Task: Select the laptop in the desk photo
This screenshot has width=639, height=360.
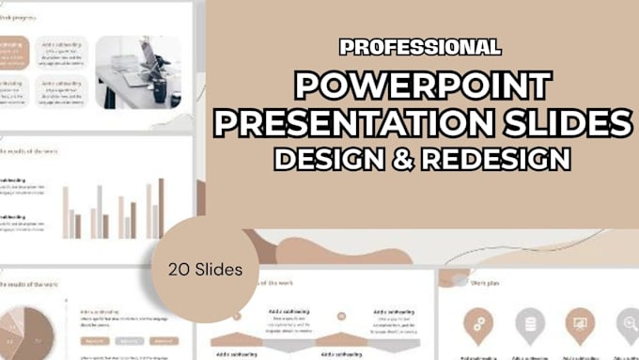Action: [148, 62]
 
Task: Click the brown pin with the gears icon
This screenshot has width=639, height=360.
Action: [479, 323]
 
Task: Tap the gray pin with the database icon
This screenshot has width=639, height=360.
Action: [530, 323]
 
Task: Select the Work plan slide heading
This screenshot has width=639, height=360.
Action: [485, 279]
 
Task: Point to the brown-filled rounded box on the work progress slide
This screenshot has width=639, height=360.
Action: [11, 55]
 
